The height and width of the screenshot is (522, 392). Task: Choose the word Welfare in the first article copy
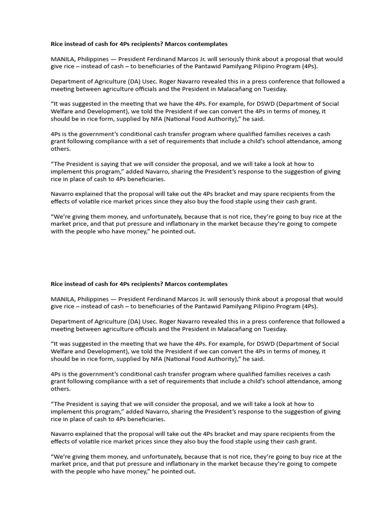coord(63,111)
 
